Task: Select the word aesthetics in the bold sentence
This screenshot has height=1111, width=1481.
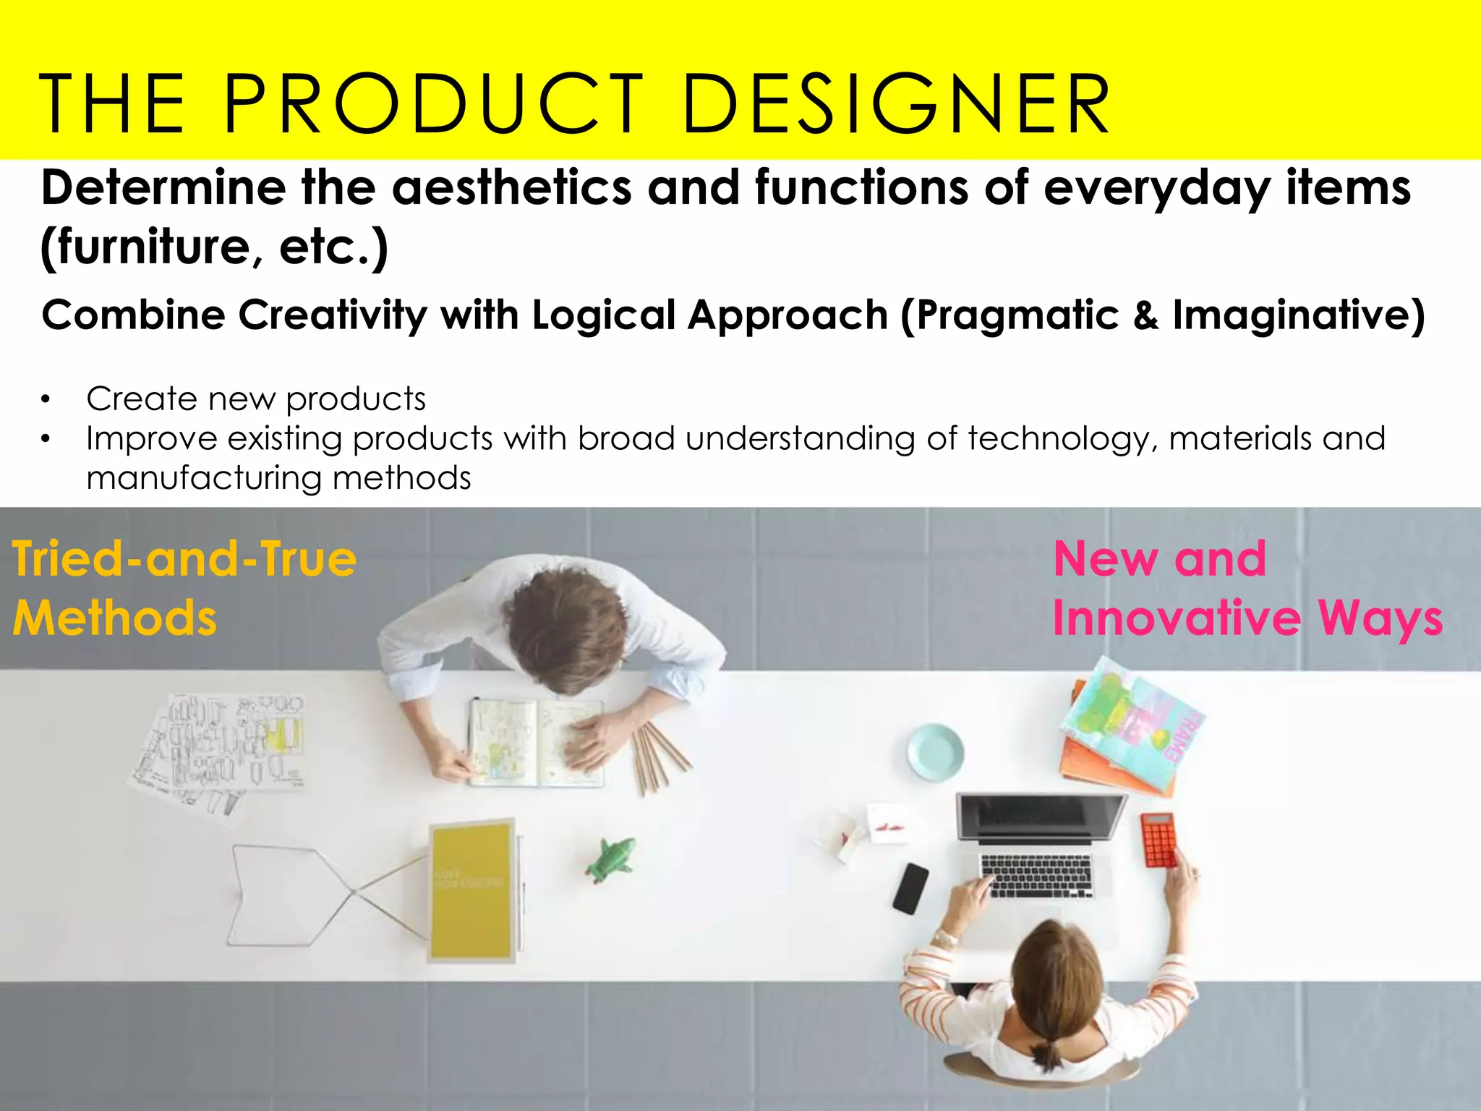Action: tap(511, 188)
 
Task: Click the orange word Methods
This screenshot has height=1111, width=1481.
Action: tap(114, 618)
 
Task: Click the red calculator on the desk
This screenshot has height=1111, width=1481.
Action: tap(1158, 840)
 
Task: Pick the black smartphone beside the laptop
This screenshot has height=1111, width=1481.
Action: tap(910, 888)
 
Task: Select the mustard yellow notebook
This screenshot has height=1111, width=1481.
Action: tap(471, 890)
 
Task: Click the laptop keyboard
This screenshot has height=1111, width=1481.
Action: tap(1036, 874)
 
